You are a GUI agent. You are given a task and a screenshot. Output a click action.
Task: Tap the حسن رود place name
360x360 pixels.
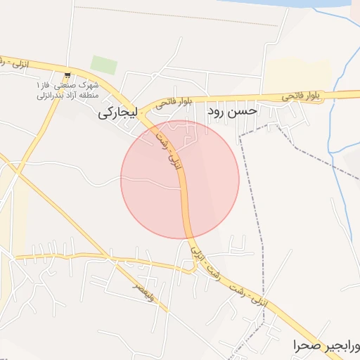coord(233,110)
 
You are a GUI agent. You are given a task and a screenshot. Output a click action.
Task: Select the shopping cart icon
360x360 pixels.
coord(67,75)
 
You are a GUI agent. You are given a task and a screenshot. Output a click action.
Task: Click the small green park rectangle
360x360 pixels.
coord(103,65)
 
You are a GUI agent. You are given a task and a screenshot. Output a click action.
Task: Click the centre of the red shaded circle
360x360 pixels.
coord(180,179)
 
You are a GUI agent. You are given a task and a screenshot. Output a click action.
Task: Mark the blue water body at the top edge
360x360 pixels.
coord(295,4)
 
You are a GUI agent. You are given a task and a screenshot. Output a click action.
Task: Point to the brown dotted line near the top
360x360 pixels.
coord(176,15)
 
